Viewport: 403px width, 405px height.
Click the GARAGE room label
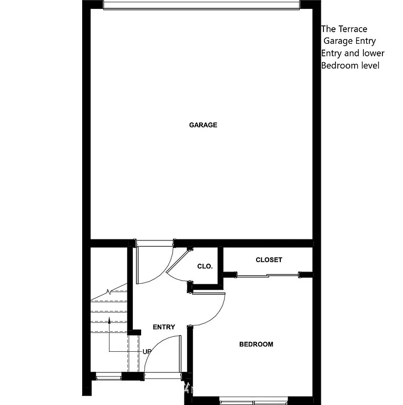(203, 125)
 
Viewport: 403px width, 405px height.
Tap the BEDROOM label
(256, 344)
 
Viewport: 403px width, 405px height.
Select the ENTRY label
(164, 327)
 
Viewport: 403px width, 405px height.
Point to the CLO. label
(205, 266)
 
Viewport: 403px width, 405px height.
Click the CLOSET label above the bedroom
(269, 259)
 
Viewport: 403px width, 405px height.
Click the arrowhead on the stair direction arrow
(109, 320)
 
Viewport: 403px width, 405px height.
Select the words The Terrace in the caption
(345, 30)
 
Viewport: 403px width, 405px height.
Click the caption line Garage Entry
(349, 41)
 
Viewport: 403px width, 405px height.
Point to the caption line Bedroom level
(350, 65)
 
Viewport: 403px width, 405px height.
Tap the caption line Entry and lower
(353, 53)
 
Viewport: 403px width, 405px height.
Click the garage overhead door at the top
(201, 5)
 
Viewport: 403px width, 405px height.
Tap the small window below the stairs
(109, 376)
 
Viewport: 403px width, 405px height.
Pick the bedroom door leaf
(209, 293)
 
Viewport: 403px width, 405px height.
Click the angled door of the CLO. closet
(179, 261)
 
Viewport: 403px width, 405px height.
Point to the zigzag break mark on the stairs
(109, 291)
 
